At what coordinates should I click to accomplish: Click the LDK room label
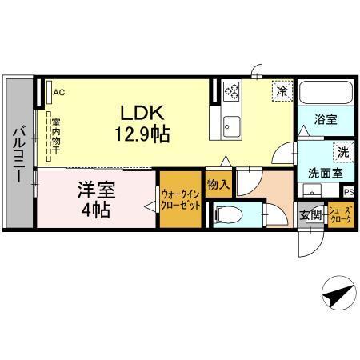pos(145,112)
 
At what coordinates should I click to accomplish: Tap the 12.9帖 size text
pos(145,134)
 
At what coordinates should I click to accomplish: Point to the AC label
pos(58,93)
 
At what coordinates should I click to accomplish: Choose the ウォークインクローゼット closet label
pos(179,198)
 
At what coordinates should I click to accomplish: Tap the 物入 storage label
pos(218,185)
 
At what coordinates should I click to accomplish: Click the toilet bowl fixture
pos(226,214)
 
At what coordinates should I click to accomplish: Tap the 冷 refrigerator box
pos(282,90)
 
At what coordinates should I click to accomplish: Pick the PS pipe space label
pos(348,191)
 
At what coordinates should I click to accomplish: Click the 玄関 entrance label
pos(310,214)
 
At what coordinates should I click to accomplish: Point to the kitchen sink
pos(231,125)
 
